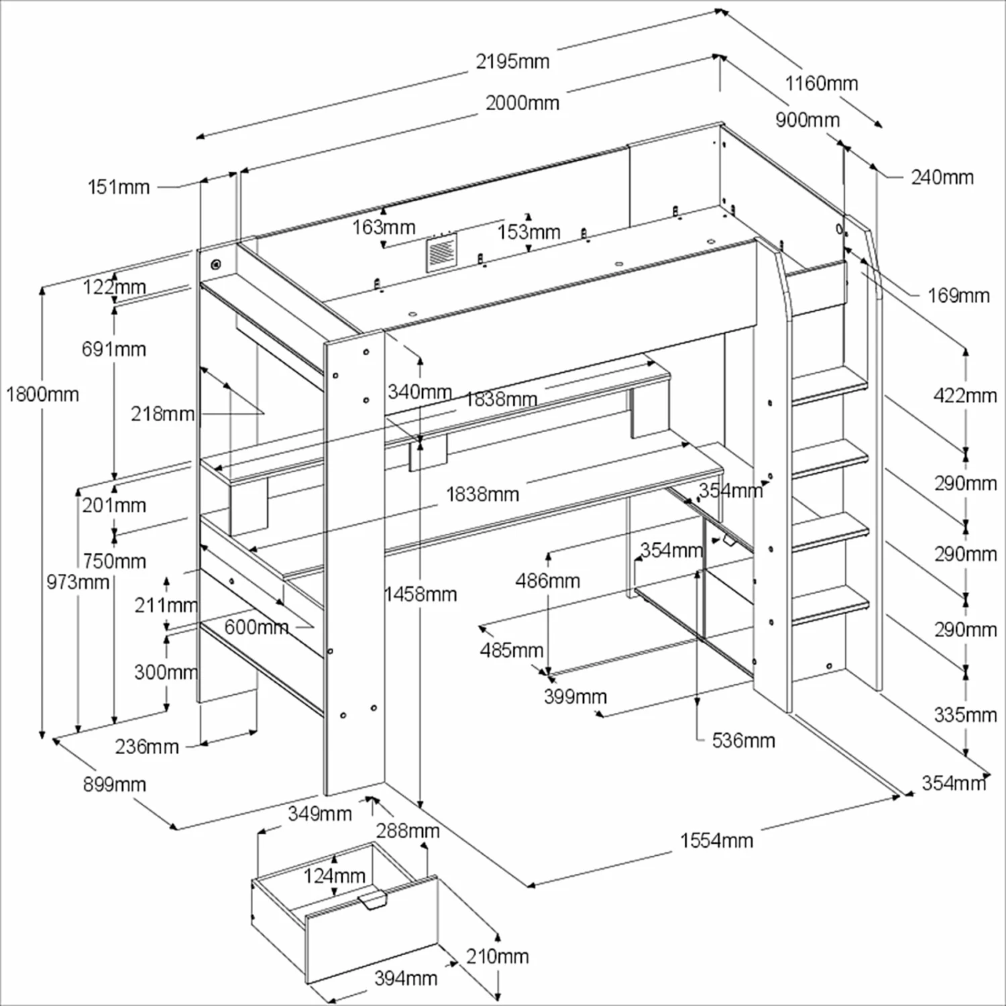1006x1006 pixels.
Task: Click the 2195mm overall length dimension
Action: click(512, 62)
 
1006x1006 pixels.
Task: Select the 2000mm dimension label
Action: click(522, 103)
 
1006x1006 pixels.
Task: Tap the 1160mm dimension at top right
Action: click(821, 84)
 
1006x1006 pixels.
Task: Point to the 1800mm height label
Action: click(42, 394)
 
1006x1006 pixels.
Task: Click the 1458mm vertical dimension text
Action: click(421, 594)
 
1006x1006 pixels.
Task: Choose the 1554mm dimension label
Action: click(716, 840)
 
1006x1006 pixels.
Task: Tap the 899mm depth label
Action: click(114, 784)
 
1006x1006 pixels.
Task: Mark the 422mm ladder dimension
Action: click(964, 396)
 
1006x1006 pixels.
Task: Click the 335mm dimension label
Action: click(964, 715)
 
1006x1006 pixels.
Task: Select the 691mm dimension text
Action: click(113, 349)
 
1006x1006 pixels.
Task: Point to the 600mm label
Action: click(256, 628)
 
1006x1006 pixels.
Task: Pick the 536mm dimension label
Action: click(743, 740)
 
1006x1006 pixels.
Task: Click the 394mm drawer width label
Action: click(405, 979)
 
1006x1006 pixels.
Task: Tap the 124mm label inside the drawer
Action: click(334, 876)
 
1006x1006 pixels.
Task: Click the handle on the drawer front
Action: click(373, 900)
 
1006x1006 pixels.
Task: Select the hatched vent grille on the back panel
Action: click(441, 253)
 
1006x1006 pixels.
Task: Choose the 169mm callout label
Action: click(958, 296)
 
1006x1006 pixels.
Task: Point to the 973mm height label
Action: click(77, 582)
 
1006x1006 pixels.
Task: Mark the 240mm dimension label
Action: click(942, 178)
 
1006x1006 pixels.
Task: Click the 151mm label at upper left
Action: click(119, 187)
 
